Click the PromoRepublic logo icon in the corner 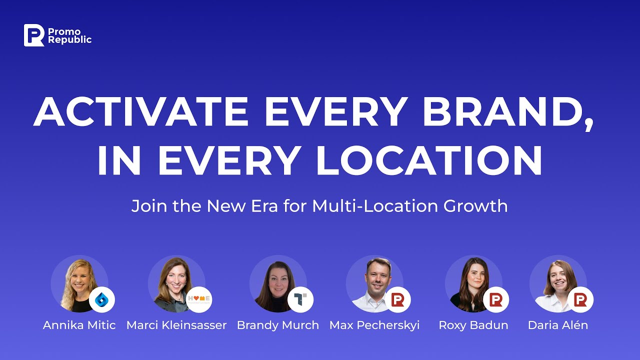[x=34, y=35]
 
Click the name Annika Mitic [x=79, y=325]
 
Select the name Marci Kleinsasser [x=176, y=325]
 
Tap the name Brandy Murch [x=278, y=325]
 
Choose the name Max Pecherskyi [x=374, y=325]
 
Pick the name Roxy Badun [x=473, y=325]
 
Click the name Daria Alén [x=558, y=325]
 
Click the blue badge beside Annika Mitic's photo [x=102, y=299]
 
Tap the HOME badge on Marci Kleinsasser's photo [x=199, y=299]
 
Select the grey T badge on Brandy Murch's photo [x=300, y=299]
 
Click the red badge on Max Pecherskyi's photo [x=398, y=299]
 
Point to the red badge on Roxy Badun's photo [x=496, y=299]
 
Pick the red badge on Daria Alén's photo [x=580, y=299]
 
